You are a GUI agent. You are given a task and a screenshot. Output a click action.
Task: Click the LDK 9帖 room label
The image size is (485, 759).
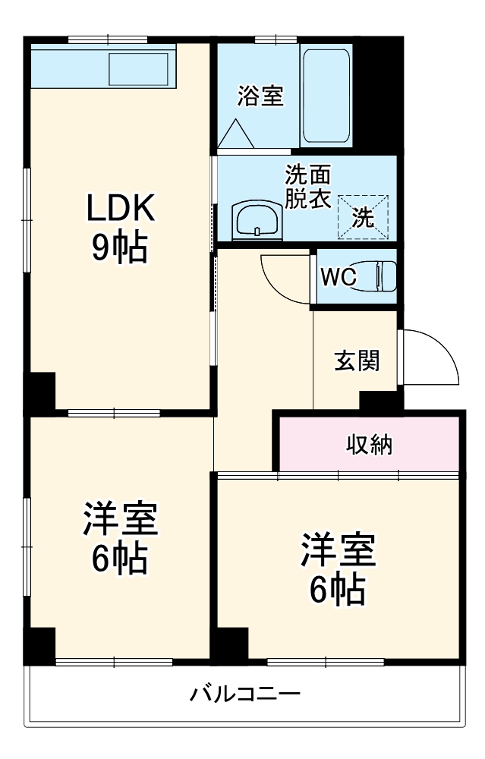(x=119, y=227)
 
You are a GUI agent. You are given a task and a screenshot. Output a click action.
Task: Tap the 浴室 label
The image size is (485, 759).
(x=260, y=96)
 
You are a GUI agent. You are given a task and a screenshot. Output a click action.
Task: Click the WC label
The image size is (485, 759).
(x=338, y=277)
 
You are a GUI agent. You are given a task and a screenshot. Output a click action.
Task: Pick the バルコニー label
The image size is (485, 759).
(x=244, y=694)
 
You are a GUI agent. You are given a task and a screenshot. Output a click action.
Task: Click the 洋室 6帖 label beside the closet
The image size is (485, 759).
(x=338, y=568)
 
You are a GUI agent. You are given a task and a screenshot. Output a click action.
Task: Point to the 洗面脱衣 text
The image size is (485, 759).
(x=307, y=187)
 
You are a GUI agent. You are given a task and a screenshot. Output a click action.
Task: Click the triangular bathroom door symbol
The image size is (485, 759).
(x=236, y=134)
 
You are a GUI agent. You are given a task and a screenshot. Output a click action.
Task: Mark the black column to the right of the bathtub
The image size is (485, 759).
(x=376, y=95)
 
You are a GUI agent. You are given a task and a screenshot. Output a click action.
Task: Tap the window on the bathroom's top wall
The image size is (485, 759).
(x=275, y=39)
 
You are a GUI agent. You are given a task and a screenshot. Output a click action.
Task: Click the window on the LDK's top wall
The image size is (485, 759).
(x=106, y=39)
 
